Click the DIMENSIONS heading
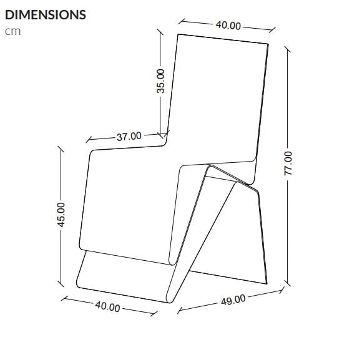click(x=46, y=15)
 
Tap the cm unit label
click(x=12, y=32)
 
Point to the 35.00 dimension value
click(x=161, y=81)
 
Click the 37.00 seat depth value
click(x=129, y=135)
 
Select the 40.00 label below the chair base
click(x=107, y=306)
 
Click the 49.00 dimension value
click(x=233, y=301)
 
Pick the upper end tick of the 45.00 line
click(x=61, y=150)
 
